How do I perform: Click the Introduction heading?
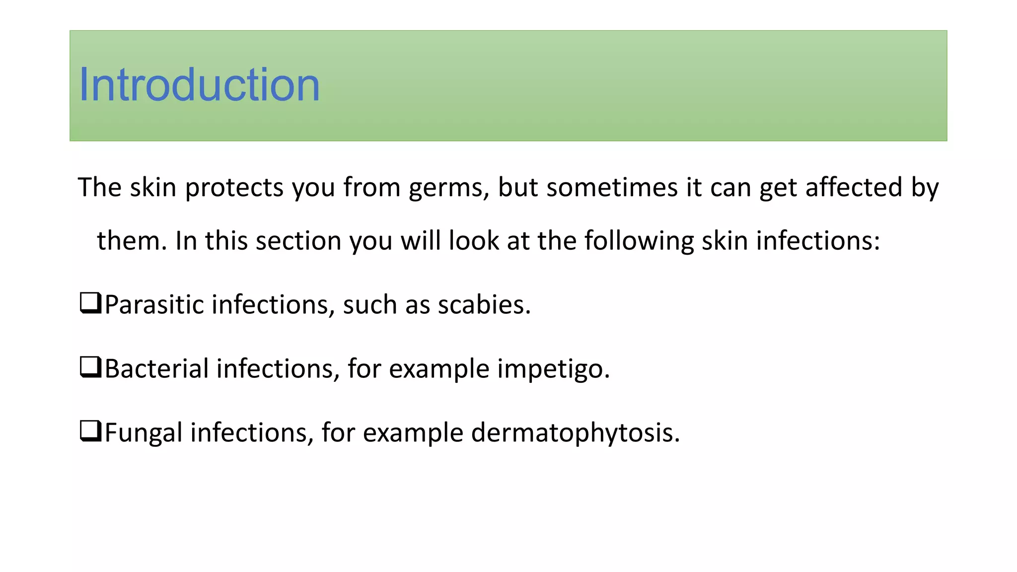tap(199, 85)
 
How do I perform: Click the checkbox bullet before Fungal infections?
tap(90, 431)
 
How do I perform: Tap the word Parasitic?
tap(154, 304)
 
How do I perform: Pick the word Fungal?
tap(144, 432)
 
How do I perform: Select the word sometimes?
tap(612, 188)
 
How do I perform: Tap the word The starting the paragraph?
tap(100, 188)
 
